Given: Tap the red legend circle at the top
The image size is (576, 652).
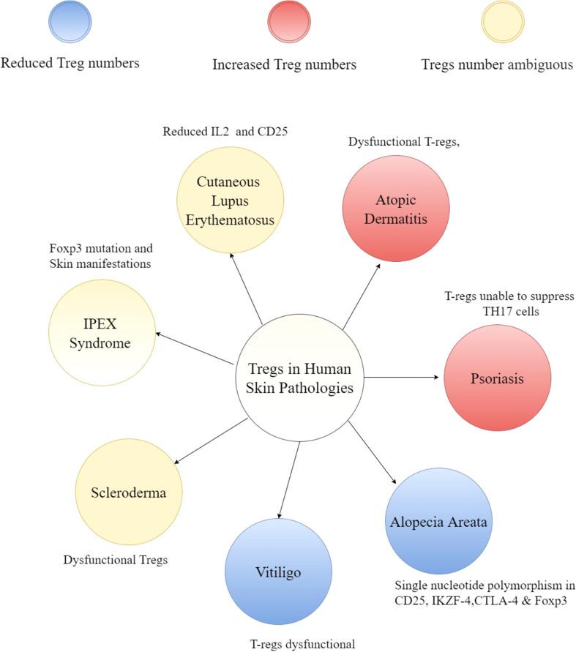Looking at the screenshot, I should (x=285, y=22).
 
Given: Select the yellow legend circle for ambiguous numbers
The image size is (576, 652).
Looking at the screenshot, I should (x=502, y=22).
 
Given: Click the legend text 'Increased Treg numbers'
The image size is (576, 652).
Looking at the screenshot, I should (x=285, y=65).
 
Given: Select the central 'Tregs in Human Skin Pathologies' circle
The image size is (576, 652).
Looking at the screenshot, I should (x=300, y=378).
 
